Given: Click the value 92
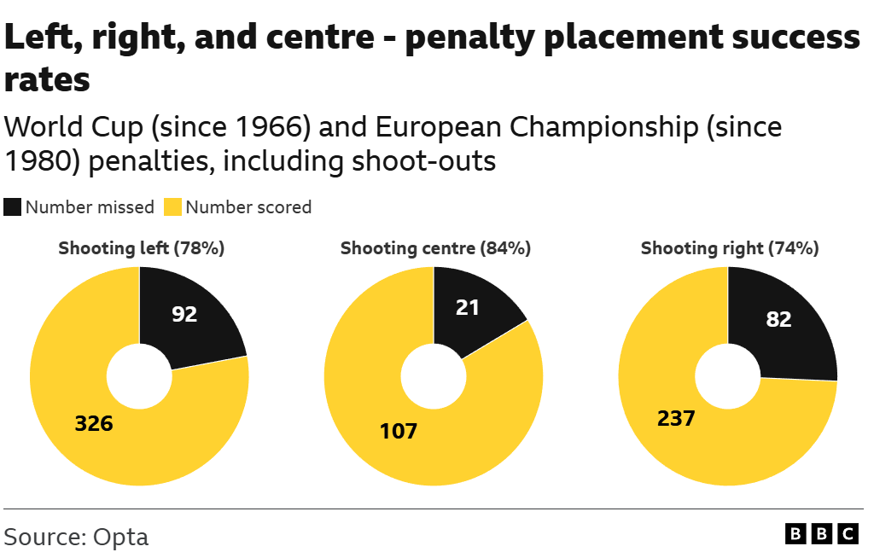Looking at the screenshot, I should click(x=184, y=314).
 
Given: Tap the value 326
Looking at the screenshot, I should click(x=94, y=423).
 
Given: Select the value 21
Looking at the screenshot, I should click(x=467, y=307).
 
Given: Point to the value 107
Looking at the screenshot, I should click(x=399, y=431).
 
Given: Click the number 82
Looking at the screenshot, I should click(x=778, y=319).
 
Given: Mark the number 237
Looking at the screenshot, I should click(x=676, y=419).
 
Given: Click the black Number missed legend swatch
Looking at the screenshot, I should click(x=13, y=207).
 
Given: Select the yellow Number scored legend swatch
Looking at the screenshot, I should click(x=173, y=207).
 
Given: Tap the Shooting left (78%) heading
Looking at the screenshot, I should click(x=141, y=248).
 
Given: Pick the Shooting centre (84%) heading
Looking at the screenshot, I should click(x=435, y=248).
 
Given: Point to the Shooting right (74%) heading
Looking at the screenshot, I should click(x=730, y=248).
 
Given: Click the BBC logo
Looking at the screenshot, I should click(x=821, y=534).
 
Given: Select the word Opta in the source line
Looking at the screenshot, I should click(x=120, y=537).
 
